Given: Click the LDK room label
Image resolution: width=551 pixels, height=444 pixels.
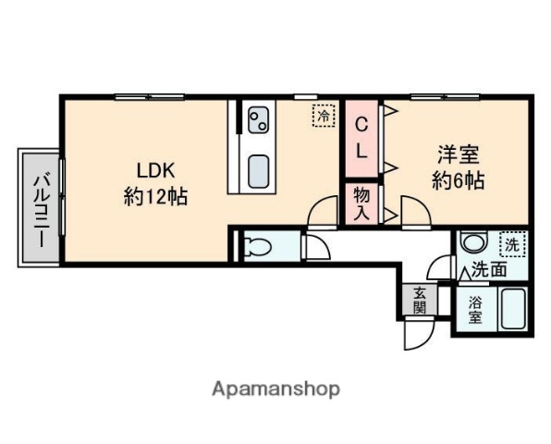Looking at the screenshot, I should pyautogui.click(x=156, y=170).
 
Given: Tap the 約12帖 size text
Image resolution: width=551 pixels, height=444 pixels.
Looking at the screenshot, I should pyautogui.click(x=156, y=196).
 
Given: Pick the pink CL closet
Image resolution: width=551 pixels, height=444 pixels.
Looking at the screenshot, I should pyautogui.click(x=362, y=139).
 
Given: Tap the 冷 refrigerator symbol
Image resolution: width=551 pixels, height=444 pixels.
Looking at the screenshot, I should pyautogui.click(x=324, y=117).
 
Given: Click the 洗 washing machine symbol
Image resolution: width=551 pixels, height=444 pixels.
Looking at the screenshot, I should pyautogui.click(x=511, y=245).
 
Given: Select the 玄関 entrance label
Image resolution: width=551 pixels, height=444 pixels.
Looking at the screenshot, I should pyautogui.click(x=419, y=302).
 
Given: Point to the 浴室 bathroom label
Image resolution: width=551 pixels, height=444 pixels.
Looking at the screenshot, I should pyautogui.click(x=474, y=309).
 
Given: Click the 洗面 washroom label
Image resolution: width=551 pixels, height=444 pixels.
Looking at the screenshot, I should pyautogui.click(x=489, y=271).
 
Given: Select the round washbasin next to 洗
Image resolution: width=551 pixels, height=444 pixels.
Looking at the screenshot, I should pyautogui.click(x=474, y=243).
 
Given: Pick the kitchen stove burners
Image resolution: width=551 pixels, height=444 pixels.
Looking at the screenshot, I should pyautogui.click(x=258, y=118).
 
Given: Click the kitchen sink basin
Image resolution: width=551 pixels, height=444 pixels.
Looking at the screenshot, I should pyautogui.click(x=259, y=171).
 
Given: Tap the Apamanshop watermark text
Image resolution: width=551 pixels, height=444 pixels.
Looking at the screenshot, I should pyautogui.click(x=276, y=388).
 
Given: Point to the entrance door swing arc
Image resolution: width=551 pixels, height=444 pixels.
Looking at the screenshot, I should pyautogui.click(x=415, y=335).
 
